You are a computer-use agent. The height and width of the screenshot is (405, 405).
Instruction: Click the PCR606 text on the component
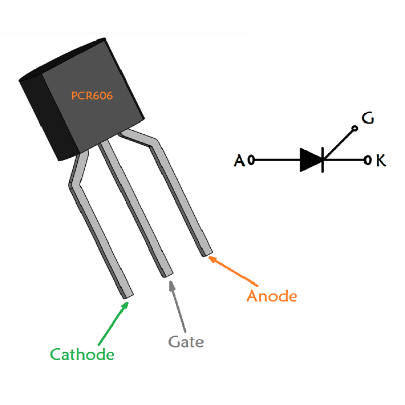92,95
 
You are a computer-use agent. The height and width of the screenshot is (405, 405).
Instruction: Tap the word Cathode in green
82,355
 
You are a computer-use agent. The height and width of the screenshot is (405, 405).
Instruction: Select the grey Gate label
186,342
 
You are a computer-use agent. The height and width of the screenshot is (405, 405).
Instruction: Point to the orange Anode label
271,295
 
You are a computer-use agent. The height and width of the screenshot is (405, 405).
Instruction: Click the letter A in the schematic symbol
239,161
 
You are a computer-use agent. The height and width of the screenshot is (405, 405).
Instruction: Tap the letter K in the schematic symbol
381,161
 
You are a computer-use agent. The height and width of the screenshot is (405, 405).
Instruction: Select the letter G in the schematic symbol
368,118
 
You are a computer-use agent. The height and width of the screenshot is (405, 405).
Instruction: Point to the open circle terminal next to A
251,160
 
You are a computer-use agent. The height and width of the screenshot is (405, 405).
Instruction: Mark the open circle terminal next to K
367,160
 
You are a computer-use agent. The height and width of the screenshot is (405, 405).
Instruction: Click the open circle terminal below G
355,129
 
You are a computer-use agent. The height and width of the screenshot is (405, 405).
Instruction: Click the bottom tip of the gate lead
167,274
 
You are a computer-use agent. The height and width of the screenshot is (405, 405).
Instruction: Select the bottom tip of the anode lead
207,252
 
